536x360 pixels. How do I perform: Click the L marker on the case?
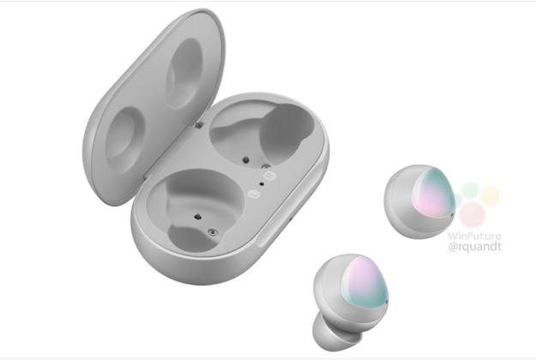[x=254, y=195]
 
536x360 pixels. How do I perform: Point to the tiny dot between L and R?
[x=262, y=183]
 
